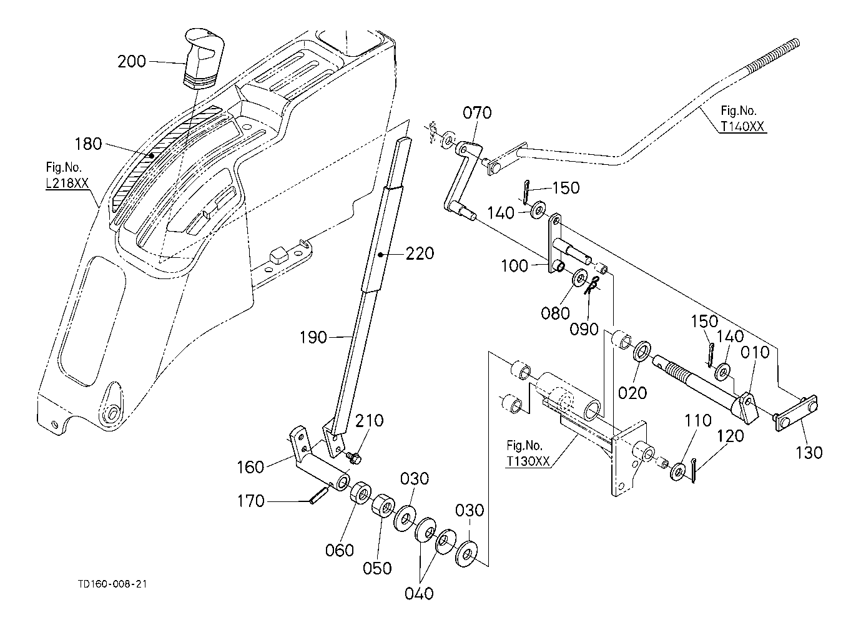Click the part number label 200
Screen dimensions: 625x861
[131, 61]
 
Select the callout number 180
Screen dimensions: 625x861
[88, 144]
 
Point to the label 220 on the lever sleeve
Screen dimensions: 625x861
[420, 254]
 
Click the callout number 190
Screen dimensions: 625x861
[313, 337]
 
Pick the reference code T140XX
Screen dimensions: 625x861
[743, 125]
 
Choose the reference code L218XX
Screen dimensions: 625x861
[67, 186]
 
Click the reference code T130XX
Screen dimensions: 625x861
[528, 460]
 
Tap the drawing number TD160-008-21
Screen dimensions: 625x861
[113, 584]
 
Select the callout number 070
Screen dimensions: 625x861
[477, 113]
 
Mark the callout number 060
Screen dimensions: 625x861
[340, 550]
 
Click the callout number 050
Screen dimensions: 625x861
[378, 568]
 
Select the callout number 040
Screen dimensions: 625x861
[419, 593]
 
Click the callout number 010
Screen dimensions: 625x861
[755, 353]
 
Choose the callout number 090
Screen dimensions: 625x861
[584, 328]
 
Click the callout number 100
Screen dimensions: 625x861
[514, 266]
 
